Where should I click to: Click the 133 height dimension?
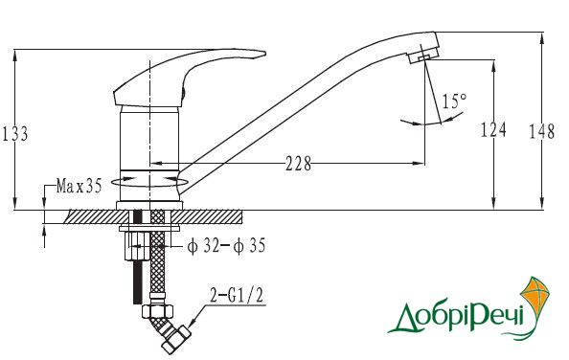coord(14,133)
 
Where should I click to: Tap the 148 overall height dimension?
coord(541,131)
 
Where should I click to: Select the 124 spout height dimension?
coord(493,129)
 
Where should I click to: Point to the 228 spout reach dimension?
coord(298,164)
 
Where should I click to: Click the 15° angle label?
coord(454,101)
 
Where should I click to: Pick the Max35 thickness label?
coord(80,186)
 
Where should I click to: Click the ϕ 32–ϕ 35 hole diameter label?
coord(226,246)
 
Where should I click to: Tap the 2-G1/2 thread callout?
coord(237,296)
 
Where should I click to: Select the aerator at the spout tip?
coord(423,56)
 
